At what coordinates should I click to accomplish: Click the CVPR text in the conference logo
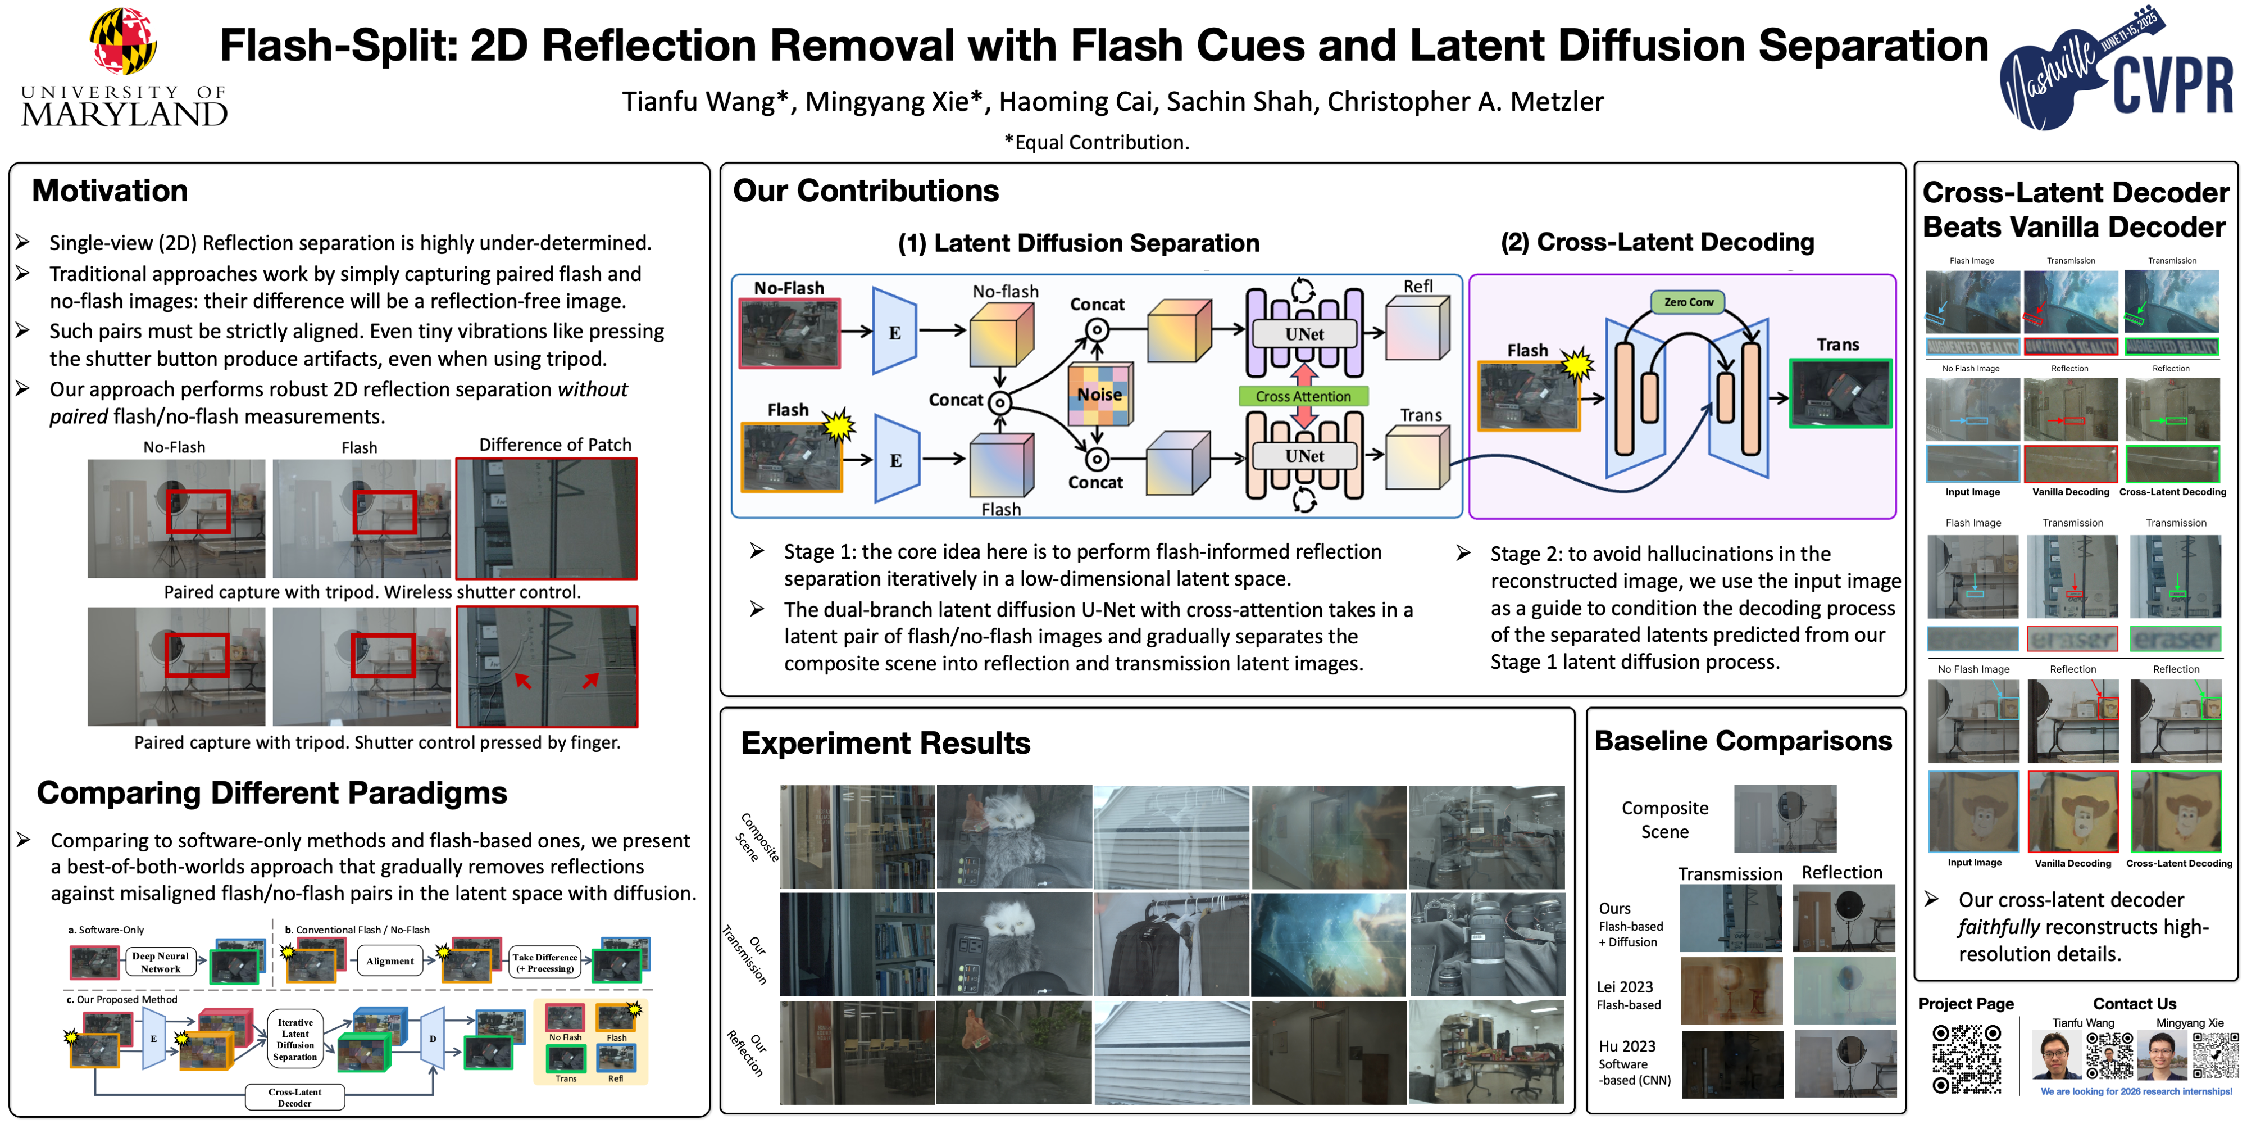coord(2171,85)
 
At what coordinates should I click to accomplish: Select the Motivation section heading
coord(110,191)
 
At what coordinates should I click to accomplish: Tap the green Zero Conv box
coord(1688,302)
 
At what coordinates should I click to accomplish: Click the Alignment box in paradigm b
coord(389,961)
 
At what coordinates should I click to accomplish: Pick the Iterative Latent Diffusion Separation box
coord(295,1039)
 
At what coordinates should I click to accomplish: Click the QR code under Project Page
coord(1966,1059)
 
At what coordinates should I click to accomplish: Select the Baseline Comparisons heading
coord(1742,741)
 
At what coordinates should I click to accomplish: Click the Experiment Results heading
coord(885,742)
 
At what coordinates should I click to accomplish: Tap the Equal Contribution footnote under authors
coord(1097,142)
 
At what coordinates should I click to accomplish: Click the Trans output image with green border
coord(1840,393)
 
